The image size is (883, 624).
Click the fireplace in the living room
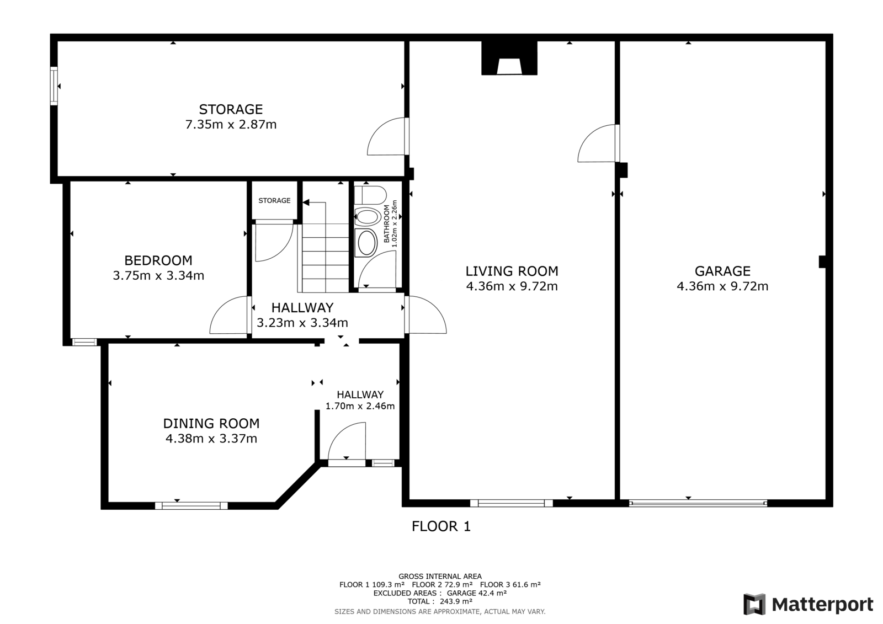tap(509, 58)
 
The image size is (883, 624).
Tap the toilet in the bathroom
tap(370, 195)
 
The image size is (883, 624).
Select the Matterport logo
tap(808, 604)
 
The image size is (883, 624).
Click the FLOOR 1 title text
tap(441, 526)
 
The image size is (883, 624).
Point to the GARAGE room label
tap(722, 271)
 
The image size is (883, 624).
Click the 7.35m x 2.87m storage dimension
tap(231, 125)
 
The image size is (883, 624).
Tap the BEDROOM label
tap(158, 260)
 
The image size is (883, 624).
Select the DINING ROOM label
tap(211, 423)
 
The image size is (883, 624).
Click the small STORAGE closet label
tap(274, 201)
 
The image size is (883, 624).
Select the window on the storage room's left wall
tap(54, 86)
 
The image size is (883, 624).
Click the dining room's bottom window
tap(191, 506)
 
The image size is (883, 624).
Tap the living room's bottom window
tap(511, 503)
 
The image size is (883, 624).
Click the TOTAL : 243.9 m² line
tap(440, 601)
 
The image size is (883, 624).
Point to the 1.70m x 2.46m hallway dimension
tap(360, 406)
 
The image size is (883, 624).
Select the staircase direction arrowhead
tap(306, 202)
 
